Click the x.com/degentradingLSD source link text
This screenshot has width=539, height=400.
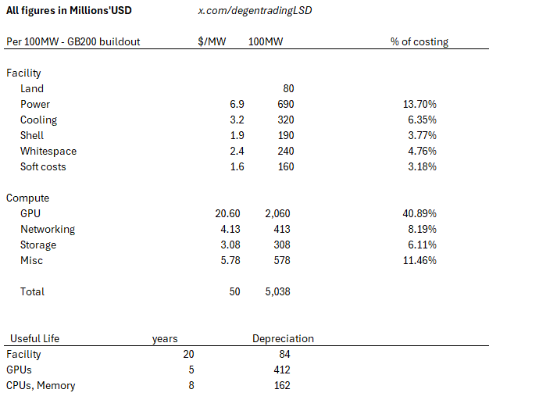pos(255,11)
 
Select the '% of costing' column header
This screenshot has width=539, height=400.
pos(419,41)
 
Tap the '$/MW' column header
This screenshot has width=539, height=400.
pos(212,41)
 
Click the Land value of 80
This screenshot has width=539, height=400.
pos(288,88)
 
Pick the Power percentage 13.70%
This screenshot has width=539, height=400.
pos(419,104)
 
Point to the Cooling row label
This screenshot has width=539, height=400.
pos(38,120)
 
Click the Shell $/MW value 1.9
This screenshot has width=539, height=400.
pos(237,135)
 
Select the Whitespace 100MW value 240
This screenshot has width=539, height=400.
pos(286,152)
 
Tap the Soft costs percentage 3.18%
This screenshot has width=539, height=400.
pos(422,166)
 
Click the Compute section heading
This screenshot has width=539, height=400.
pos(27,198)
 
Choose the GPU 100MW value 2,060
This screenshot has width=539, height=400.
pos(277,214)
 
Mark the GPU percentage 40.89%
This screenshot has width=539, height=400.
pos(419,214)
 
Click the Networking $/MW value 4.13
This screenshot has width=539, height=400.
pos(230,229)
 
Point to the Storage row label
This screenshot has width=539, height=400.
pos(38,245)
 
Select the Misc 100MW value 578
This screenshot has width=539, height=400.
pos(282,260)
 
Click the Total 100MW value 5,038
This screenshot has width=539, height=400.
pos(277,291)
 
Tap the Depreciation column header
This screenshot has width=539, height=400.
pos(283,338)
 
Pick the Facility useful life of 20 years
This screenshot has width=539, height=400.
pos(188,354)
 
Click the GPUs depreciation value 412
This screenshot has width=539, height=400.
pos(282,370)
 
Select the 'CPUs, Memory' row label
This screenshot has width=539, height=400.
pos(41,386)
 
